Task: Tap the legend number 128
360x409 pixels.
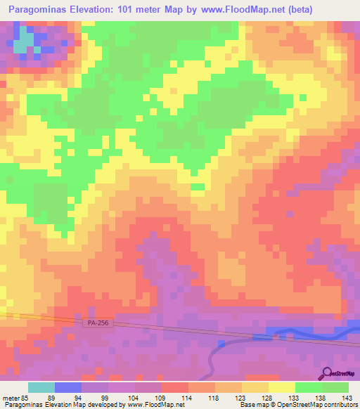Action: pyautogui.click(x=269, y=398)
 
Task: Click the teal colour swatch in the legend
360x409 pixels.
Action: pyautogui.click(x=41, y=387)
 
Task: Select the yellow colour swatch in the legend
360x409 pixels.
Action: pyautogui.click(x=282, y=387)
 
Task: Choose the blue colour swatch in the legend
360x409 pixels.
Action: pyautogui.click(x=68, y=387)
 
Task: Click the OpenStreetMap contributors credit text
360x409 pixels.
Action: pyautogui.click(x=317, y=405)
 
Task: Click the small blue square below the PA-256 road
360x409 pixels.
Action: pyautogui.click(x=221, y=343)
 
